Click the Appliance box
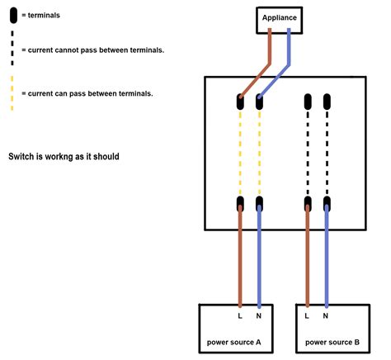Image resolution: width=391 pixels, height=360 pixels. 279,17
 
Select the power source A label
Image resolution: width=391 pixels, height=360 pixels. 235,341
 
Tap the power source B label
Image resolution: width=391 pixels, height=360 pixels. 332,341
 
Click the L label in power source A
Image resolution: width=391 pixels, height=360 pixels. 240,315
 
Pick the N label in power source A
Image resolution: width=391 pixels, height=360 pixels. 259,315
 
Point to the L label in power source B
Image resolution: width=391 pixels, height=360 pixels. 307,315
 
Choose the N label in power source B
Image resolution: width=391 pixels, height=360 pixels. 326,315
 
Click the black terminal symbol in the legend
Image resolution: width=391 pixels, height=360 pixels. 14,16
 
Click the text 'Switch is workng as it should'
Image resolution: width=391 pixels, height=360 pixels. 64,156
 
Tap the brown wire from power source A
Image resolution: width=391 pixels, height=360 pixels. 240,256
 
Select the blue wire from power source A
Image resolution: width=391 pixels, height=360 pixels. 259,256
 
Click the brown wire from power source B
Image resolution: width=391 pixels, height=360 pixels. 307,256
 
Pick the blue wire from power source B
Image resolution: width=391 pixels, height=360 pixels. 326,256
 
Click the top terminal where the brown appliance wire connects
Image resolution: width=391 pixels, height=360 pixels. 240,103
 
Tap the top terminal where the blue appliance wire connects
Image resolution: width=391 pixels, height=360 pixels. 259,103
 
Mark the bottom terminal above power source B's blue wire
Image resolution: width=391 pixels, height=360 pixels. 326,202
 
